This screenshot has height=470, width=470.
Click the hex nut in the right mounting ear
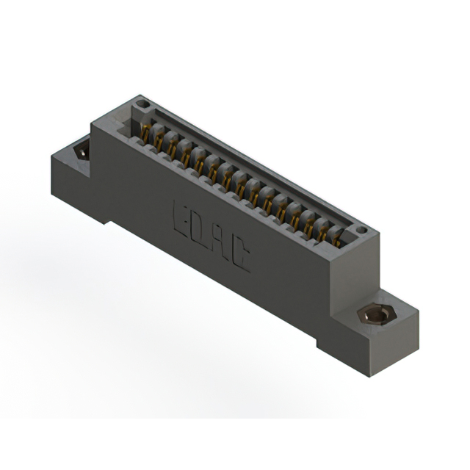377,314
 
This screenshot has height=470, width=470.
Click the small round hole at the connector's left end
142,104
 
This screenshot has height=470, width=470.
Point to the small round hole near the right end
362,230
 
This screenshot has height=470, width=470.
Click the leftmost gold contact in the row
145,133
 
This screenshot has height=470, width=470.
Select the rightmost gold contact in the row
338,239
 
